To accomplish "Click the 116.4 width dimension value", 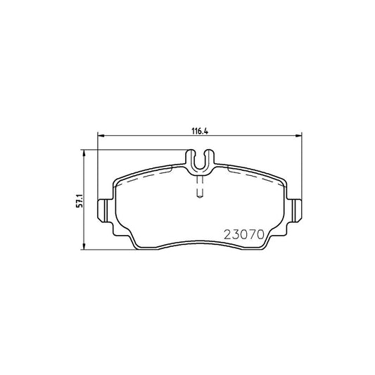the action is click(x=201, y=131).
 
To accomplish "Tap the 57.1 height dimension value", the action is click(x=80, y=201).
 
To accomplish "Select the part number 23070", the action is click(x=244, y=234).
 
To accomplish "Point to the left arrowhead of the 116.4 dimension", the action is click(x=101, y=136).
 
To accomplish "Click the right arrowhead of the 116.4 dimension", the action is click(x=298, y=136).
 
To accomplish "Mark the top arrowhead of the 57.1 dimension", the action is click(x=84, y=153).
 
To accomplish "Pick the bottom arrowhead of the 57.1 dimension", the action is click(x=84, y=246).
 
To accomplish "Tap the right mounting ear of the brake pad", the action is click(x=295, y=210).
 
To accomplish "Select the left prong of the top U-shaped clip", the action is click(x=190, y=158).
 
